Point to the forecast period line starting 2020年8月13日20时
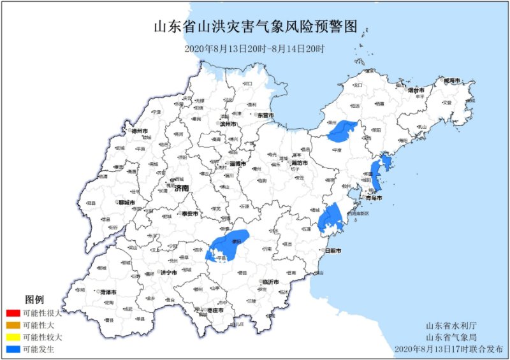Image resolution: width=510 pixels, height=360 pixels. [255, 48]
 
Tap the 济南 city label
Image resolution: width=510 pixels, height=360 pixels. [182, 189]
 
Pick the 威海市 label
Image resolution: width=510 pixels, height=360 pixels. [452, 82]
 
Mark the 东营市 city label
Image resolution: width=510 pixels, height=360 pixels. [265, 116]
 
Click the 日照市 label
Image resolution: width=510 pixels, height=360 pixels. [333, 252]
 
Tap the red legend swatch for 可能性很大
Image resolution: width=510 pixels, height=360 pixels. [12, 313]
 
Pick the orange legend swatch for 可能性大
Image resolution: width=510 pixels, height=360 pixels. [12, 325]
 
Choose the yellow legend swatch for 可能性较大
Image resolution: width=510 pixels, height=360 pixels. [12, 337]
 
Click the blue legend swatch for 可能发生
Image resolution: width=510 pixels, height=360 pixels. [12, 349]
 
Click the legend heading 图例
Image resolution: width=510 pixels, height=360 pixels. [34, 299]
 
